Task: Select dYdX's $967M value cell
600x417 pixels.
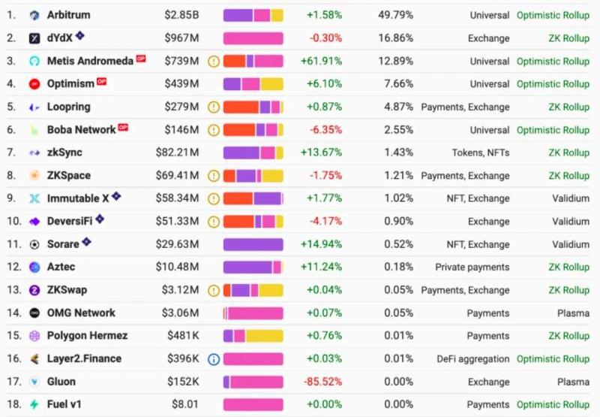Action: pyautogui.click(x=181, y=38)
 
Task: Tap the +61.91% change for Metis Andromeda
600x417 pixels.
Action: pyautogui.click(x=321, y=61)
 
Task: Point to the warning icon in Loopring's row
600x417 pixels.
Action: pyautogui.click(x=214, y=107)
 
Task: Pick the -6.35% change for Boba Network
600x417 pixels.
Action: pyautogui.click(x=325, y=130)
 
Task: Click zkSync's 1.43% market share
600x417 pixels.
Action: pyautogui.click(x=399, y=153)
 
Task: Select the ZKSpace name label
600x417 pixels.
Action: pyautogui.click(x=68, y=176)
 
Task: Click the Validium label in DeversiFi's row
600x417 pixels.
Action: pyautogui.click(x=571, y=222)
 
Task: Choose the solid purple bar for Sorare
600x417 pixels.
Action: pyautogui.click(x=253, y=244)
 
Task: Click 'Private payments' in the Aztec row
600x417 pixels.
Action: pyautogui.click(x=472, y=267)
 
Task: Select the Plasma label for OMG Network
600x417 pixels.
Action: pyautogui.click(x=573, y=313)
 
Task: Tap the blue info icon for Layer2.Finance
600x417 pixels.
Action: pyautogui.click(x=214, y=359)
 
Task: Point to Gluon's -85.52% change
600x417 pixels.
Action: pyautogui.click(x=322, y=382)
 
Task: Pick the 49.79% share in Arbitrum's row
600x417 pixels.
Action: pyautogui.click(x=397, y=15)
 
